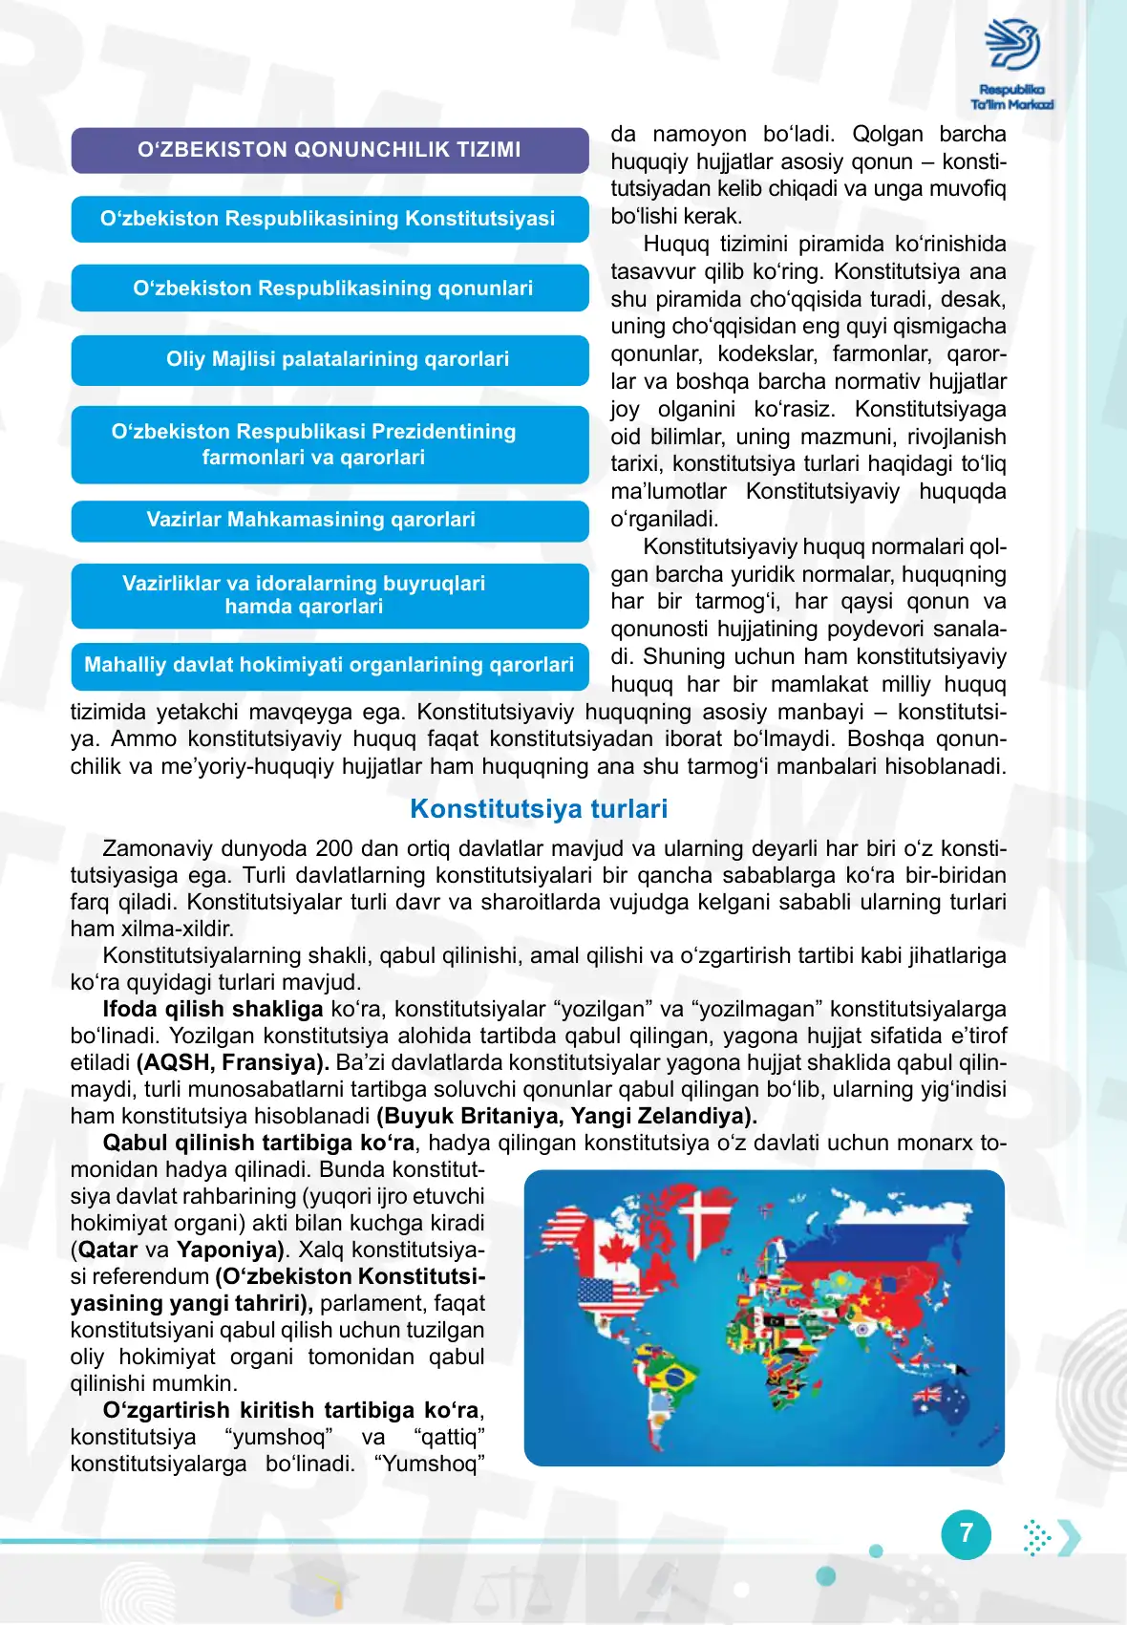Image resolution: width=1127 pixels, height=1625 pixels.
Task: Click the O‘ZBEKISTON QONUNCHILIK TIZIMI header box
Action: point(330,150)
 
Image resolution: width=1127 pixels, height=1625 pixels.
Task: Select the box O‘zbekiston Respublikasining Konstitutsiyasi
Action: point(330,219)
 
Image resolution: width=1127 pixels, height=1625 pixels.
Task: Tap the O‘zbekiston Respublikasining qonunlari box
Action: point(330,289)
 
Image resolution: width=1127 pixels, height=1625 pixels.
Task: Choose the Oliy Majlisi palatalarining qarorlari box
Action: point(330,359)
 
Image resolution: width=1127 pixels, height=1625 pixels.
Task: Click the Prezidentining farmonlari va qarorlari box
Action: point(330,444)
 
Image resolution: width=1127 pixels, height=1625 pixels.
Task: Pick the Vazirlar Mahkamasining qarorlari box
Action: point(330,521)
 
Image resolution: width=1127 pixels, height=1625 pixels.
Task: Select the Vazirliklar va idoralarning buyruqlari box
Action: point(330,595)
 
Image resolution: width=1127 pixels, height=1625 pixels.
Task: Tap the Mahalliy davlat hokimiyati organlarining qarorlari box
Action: point(330,665)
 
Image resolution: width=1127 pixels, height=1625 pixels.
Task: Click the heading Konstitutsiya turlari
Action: point(539,809)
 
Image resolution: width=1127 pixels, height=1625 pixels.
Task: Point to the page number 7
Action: point(966,1533)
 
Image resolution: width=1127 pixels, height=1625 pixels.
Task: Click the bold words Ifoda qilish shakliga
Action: point(213,1009)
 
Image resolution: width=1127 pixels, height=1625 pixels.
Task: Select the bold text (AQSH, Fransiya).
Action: point(233,1062)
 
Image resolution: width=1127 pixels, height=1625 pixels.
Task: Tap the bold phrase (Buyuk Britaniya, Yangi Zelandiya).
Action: point(567,1116)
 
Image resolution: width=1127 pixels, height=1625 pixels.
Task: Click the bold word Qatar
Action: point(108,1250)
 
